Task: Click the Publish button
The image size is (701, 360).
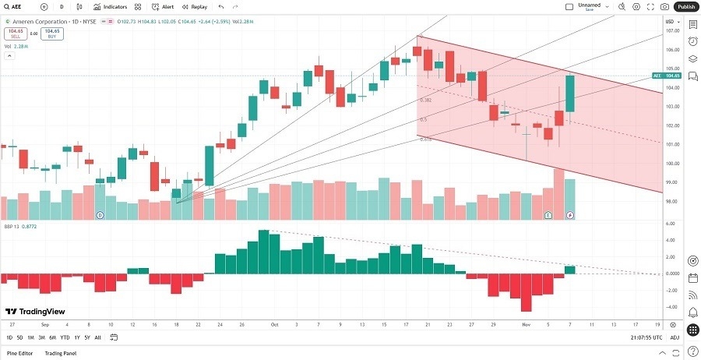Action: point(685,6)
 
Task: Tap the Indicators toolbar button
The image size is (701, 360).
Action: point(111,6)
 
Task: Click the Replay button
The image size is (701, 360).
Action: point(196,6)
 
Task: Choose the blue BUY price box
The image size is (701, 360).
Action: point(53,34)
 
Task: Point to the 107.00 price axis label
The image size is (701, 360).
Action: point(671,31)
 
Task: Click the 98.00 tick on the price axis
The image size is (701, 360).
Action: point(671,202)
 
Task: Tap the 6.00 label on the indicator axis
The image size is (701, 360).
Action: point(671,224)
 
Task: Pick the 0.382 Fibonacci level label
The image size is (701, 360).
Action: point(425,100)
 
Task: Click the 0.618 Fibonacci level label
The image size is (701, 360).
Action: point(425,139)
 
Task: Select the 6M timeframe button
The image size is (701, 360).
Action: point(53,337)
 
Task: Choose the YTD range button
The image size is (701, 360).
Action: point(65,337)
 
